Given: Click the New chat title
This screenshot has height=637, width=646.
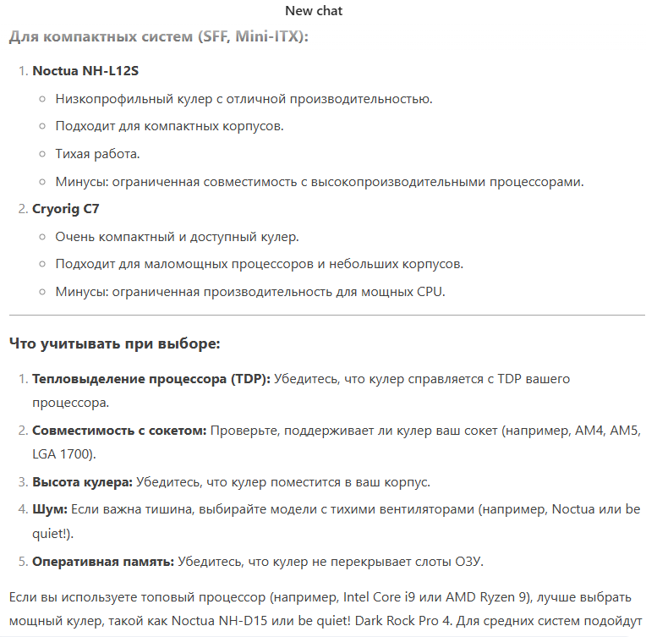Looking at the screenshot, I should [314, 11].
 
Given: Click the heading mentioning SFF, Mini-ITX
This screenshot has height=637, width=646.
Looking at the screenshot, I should [159, 37].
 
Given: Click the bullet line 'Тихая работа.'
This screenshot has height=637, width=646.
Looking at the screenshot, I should [97, 154].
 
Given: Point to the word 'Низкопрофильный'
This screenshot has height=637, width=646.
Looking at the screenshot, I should [107, 99].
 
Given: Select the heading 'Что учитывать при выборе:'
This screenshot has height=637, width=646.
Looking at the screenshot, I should [114, 344].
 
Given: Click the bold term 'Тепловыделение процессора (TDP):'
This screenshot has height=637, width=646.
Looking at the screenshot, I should [151, 379].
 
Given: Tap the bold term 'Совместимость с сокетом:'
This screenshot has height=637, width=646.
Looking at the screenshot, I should [119, 431].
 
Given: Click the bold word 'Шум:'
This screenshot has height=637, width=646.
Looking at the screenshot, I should [50, 509].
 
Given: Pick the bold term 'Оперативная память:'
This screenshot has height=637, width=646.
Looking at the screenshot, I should [103, 561].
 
